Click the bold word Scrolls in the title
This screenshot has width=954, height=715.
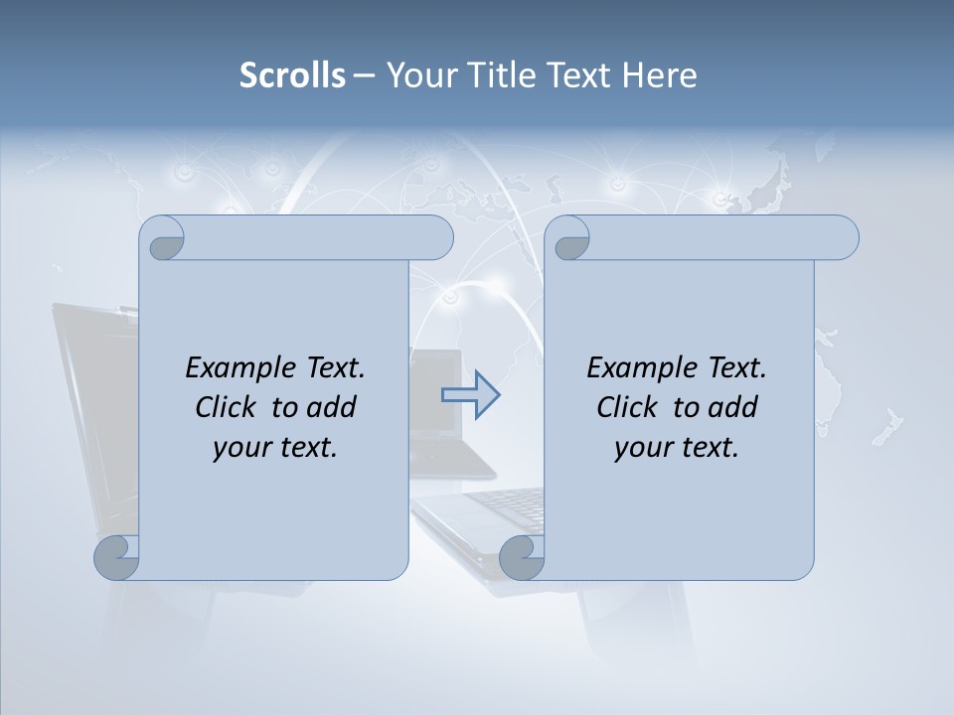[292, 75]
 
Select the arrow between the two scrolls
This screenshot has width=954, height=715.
[470, 395]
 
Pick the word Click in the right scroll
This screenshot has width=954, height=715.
[630, 407]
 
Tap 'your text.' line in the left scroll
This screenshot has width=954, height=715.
[275, 447]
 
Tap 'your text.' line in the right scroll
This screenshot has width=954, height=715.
[677, 447]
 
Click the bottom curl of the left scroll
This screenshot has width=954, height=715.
[117, 557]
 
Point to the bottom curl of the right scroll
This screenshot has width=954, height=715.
[522, 557]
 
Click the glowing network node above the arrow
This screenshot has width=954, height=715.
[452, 296]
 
